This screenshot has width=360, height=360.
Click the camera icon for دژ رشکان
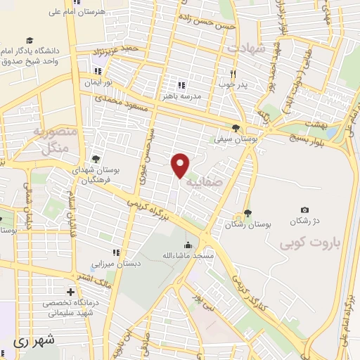304,210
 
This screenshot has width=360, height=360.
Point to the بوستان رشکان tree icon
247,214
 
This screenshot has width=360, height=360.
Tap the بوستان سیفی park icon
236,128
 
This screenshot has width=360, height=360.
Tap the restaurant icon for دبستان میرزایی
116,252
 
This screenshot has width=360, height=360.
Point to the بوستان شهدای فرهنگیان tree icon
96,158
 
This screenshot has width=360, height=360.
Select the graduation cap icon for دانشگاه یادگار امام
30,41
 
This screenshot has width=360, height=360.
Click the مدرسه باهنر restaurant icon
181,85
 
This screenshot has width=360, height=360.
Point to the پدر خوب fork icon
233,73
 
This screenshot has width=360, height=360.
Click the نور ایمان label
98,82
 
